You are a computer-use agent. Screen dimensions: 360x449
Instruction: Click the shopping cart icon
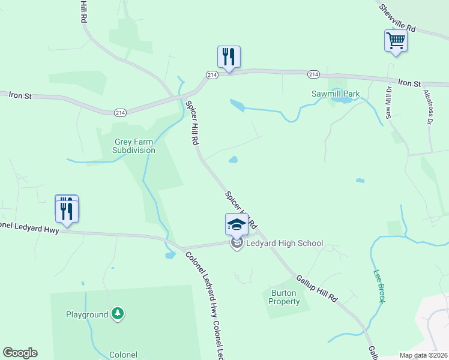point(396,42)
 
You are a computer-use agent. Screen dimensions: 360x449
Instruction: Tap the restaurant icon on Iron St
point(229,57)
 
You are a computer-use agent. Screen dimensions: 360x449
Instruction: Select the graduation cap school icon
point(237,225)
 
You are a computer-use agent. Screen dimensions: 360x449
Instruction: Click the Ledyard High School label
point(285,244)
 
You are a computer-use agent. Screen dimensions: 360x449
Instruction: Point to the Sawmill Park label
point(336,94)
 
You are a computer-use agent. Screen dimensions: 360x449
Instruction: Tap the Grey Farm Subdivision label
point(135,146)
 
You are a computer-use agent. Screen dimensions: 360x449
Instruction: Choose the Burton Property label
point(284,297)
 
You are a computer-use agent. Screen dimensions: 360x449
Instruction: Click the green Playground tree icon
point(118,313)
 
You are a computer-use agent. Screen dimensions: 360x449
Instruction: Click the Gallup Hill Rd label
point(317,288)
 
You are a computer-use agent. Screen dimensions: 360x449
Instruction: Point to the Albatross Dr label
point(427,109)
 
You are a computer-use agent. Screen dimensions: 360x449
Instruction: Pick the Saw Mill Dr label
point(388,103)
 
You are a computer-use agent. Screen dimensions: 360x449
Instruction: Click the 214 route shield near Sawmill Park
point(313,74)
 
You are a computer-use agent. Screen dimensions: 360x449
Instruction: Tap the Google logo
point(20,353)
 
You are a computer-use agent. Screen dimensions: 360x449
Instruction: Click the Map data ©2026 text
point(423,355)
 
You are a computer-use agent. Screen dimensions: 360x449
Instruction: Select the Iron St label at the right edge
point(409,83)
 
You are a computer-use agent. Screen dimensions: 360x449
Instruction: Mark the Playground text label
point(87,314)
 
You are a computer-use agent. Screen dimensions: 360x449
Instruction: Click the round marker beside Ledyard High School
point(237,244)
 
